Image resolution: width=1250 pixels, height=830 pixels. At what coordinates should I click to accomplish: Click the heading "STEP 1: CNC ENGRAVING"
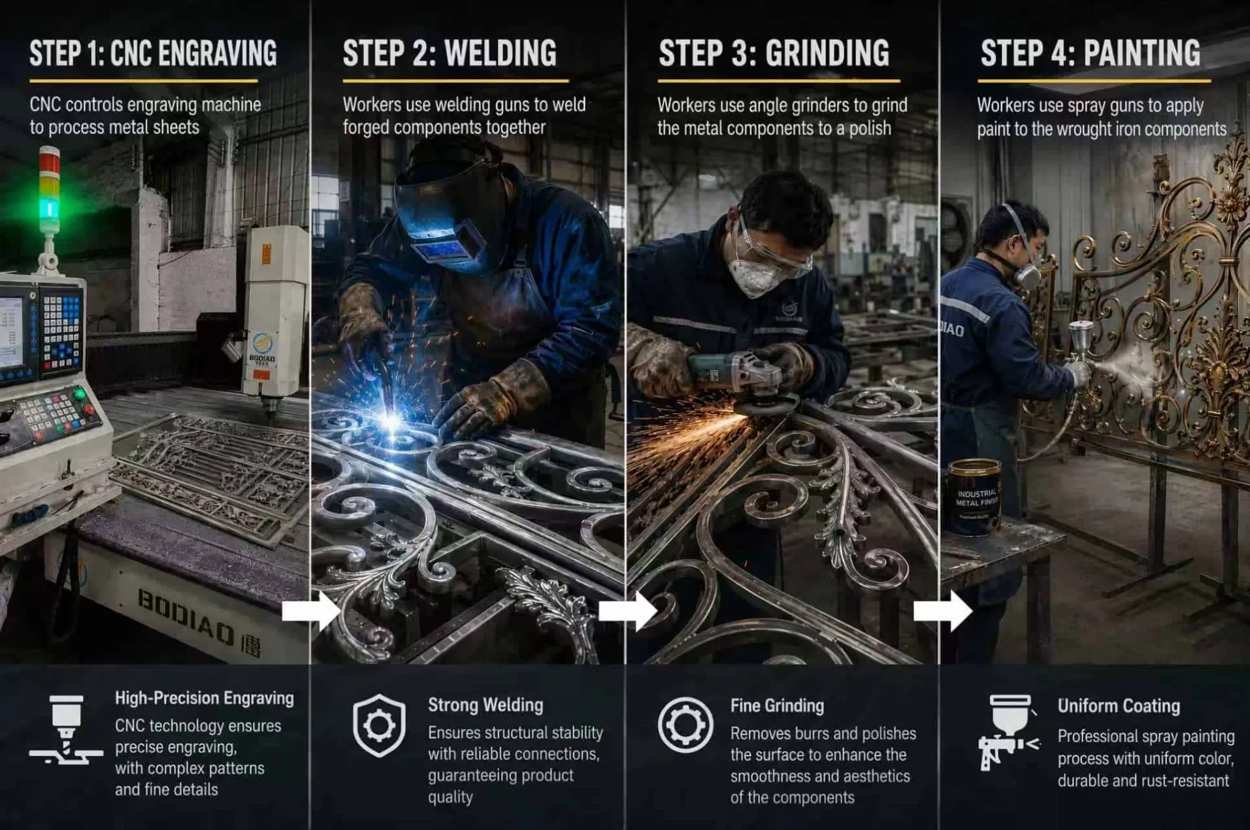tap(153, 54)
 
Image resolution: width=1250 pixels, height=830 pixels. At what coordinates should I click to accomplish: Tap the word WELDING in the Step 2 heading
tap(501, 54)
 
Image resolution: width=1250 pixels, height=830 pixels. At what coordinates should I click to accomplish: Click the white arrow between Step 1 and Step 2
tap(311, 611)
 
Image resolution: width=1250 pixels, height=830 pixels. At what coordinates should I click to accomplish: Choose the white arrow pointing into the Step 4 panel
tap(942, 611)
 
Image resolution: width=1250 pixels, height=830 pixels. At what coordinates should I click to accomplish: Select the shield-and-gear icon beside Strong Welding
tap(379, 725)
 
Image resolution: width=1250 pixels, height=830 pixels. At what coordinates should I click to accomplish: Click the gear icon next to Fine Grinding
tap(685, 725)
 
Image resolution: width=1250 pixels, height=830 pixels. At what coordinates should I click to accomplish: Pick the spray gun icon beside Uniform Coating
tap(1008, 732)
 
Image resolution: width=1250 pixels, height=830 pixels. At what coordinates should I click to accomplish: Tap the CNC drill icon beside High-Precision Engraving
tap(66, 729)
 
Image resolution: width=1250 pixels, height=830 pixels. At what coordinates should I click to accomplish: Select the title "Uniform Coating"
tap(1119, 706)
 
